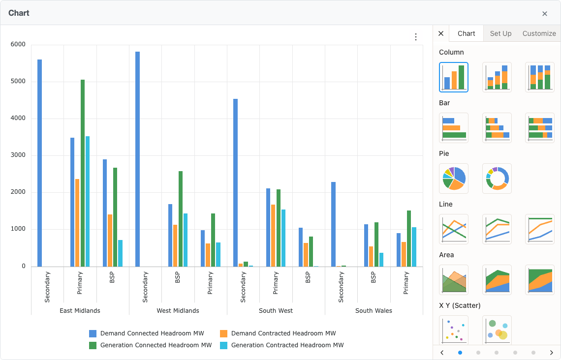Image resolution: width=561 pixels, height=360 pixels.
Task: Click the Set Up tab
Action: (500, 33)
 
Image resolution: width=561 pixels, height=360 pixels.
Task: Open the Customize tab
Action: (539, 33)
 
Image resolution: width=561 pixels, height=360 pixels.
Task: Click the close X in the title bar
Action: (545, 14)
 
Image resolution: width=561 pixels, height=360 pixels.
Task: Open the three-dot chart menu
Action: (416, 37)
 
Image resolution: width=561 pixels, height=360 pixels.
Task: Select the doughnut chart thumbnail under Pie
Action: (497, 178)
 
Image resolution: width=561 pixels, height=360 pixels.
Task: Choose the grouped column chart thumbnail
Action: (453, 77)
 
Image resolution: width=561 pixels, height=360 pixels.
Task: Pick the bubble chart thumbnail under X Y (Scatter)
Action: (497, 330)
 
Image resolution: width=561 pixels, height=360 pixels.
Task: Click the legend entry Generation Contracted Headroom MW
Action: (287, 345)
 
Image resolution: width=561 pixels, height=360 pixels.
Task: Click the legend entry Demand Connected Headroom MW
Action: (152, 333)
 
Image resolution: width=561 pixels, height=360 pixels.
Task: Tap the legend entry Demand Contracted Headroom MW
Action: (283, 333)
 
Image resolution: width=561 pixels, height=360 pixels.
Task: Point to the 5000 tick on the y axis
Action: (18, 82)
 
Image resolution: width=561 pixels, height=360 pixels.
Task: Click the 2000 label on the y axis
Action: (18, 192)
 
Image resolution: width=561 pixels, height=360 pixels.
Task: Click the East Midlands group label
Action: (80, 311)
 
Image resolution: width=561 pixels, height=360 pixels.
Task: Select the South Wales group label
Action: (374, 311)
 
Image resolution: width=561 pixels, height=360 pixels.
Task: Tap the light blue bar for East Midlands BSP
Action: (121, 253)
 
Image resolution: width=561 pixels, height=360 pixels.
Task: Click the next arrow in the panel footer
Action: (551, 353)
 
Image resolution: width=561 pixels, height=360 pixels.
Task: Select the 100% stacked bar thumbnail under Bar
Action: (539, 128)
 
